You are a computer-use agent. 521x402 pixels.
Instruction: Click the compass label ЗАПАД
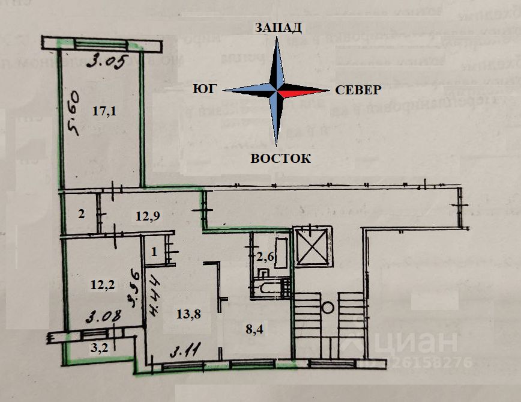click(278, 27)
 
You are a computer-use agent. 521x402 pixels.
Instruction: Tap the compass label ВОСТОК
click(280, 159)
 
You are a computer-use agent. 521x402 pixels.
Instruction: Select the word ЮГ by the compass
click(204, 90)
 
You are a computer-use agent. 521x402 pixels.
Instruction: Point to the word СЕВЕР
click(358, 90)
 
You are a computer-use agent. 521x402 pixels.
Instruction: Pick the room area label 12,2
click(103, 286)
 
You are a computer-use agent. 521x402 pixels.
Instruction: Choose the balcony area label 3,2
click(98, 347)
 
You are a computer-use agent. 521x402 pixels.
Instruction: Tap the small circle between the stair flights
click(328, 308)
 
